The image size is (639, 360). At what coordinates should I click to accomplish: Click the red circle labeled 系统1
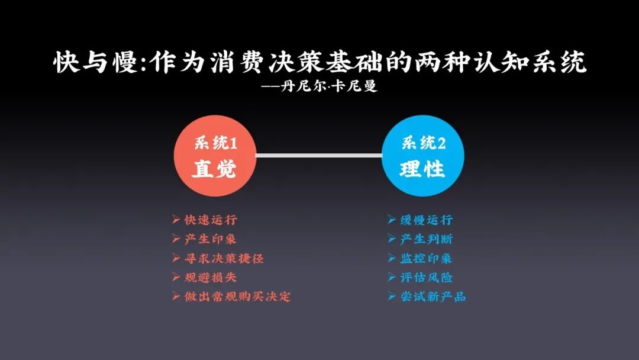[x=214, y=156]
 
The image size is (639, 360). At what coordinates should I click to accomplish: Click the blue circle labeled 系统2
[x=422, y=156]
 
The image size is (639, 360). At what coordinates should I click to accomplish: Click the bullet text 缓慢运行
[x=427, y=220]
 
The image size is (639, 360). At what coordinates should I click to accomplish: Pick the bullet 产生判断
[x=427, y=239]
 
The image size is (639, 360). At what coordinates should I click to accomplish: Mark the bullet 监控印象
[x=427, y=258]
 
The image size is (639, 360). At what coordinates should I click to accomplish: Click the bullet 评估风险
[x=427, y=277]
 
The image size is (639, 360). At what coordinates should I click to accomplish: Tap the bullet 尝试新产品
[x=433, y=296]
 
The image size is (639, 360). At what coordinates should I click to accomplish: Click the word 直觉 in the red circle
[x=214, y=169]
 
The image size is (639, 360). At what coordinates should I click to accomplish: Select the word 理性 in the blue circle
[x=422, y=169]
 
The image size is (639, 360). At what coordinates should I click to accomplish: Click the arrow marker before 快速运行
[x=176, y=220]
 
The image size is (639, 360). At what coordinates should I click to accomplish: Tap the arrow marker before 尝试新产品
[x=392, y=296]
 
